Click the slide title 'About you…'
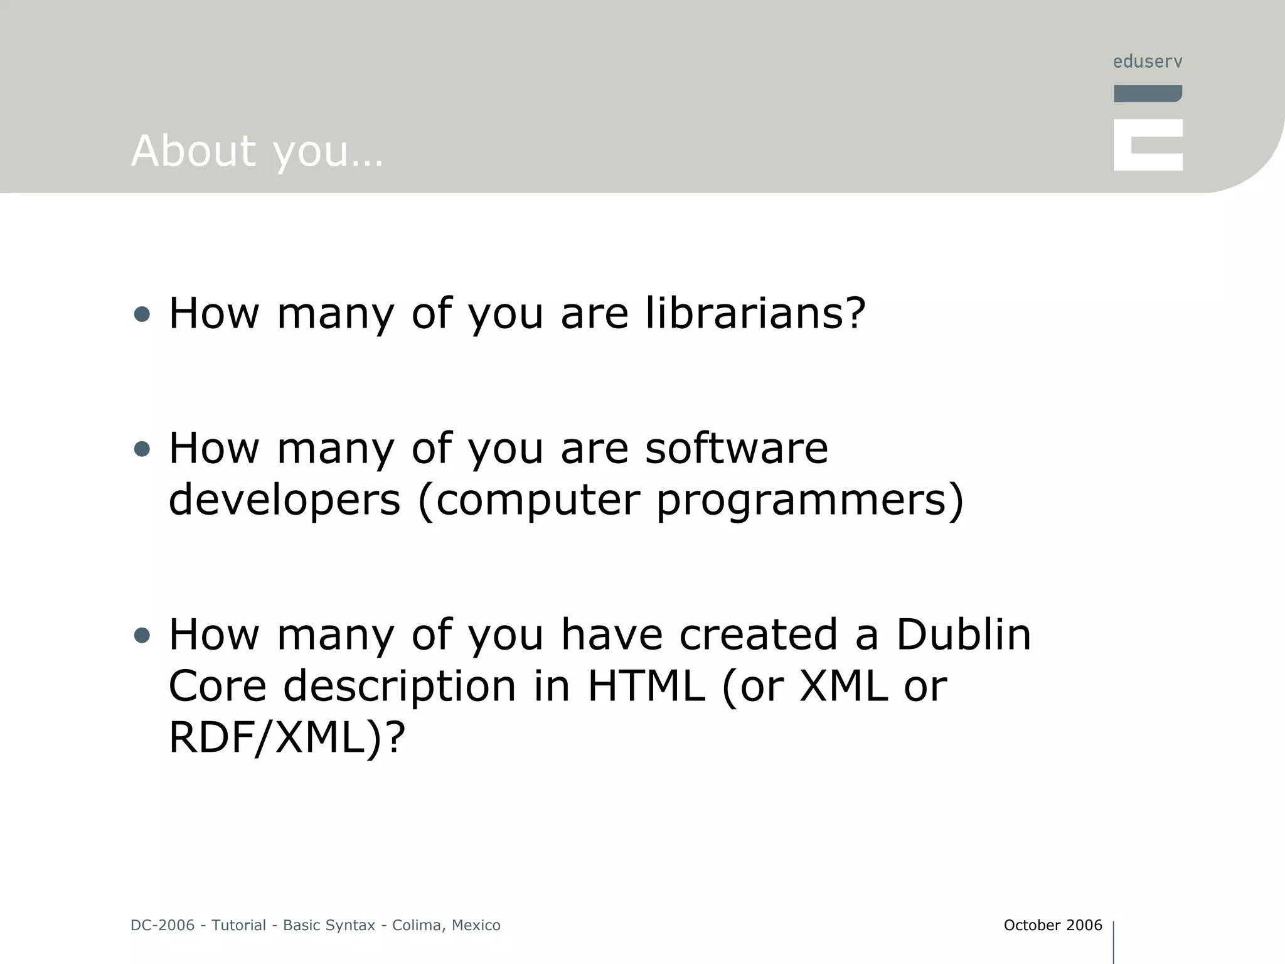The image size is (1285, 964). coord(257,151)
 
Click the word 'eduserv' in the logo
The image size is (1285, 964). coord(1148,62)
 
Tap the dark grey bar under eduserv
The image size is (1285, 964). coord(1148,94)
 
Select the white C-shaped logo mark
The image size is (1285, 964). coord(1148,145)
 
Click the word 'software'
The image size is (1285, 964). coord(737,448)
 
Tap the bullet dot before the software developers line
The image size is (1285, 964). coord(142,449)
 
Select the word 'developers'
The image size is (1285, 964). coord(284,500)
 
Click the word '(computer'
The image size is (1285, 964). coord(528,500)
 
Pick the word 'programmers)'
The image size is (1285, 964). coord(809,500)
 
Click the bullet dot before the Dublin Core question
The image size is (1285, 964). coord(142,635)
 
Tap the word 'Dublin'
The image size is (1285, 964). coord(963,634)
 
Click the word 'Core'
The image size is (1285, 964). coord(217,685)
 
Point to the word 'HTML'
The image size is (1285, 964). coord(646,685)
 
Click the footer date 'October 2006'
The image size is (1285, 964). coord(1052,925)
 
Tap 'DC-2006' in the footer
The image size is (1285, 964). coord(163,925)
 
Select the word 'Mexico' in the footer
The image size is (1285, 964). coord(476,925)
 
